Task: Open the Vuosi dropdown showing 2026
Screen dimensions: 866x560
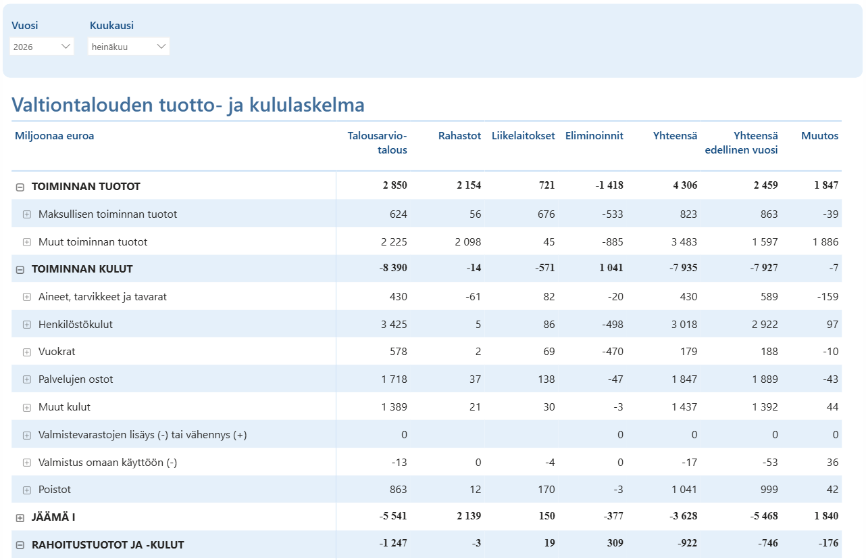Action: click(x=42, y=47)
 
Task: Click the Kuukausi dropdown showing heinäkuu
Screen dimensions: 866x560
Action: click(x=129, y=47)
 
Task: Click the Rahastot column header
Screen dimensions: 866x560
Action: click(x=459, y=136)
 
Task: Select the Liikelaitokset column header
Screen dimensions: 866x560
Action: click(x=523, y=136)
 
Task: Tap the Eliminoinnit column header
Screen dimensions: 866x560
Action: click(x=594, y=136)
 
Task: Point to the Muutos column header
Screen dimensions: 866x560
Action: click(x=819, y=136)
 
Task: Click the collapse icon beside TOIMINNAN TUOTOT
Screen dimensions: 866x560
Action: click(x=20, y=187)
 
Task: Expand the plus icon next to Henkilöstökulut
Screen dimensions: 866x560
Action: click(x=26, y=325)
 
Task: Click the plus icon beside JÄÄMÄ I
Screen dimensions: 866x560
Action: click(x=20, y=518)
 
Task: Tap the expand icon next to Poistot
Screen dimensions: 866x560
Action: click(x=26, y=490)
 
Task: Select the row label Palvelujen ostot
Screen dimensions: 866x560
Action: click(x=76, y=379)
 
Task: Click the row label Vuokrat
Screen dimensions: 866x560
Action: click(x=57, y=352)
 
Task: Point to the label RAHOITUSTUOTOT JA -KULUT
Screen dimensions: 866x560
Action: click(x=108, y=545)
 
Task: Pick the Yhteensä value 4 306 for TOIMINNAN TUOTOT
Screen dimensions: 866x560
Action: click(x=685, y=185)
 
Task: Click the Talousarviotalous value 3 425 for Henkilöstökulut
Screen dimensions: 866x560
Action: click(x=394, y=325)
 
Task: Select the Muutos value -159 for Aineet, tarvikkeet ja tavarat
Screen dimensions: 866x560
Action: click(x=827, y=297)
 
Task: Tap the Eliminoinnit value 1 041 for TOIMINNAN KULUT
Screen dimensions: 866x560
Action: click(x=611, y=268)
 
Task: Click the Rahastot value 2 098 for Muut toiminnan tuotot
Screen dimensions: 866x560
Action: click(x=468, y=242)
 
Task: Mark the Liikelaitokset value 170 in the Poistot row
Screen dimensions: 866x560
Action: click(x=546, y=490)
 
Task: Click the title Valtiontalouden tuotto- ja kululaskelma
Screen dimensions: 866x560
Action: click(x=188, y=105)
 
